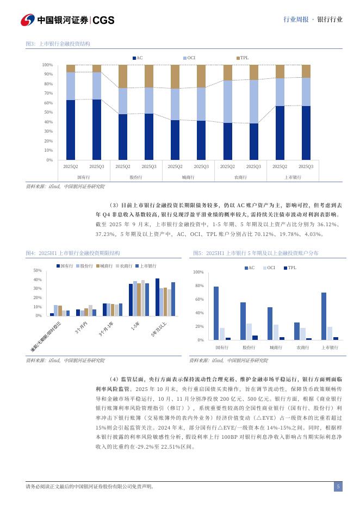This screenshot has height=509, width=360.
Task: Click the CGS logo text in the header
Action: [103, 20]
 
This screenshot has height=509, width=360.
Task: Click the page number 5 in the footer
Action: [338, 487]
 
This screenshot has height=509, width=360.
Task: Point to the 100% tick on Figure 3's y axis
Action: [47, 65]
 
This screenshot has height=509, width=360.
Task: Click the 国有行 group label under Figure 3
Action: [83, 177]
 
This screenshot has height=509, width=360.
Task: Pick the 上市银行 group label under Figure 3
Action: [293, 177]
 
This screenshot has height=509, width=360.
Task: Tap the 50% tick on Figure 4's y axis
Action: [38, 270]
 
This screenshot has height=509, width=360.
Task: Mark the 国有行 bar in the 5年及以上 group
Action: [158, 297]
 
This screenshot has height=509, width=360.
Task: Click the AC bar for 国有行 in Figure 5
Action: [216, 313]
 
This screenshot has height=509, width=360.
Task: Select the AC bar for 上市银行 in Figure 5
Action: [324, 316]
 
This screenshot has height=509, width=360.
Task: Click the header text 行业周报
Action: [295, 20]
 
